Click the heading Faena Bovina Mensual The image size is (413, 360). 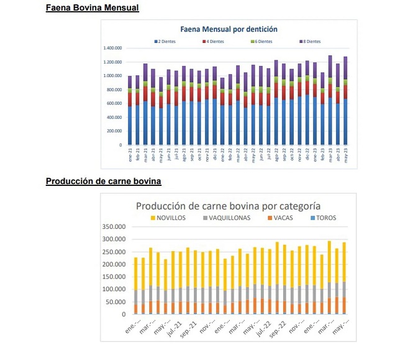click(x=92, y=8)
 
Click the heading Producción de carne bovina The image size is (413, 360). click(x=103, y=182)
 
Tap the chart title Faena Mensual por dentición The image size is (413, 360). click(x=229, y=29)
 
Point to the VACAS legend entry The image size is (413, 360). click(x=282, y=218)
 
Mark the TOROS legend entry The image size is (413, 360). click(x=323, y=218)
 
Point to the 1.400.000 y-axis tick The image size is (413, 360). click(x=112, y=48)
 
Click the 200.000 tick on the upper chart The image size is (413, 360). click(x=114, y=131)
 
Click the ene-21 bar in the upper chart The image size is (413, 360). click(x=130, y=112)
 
